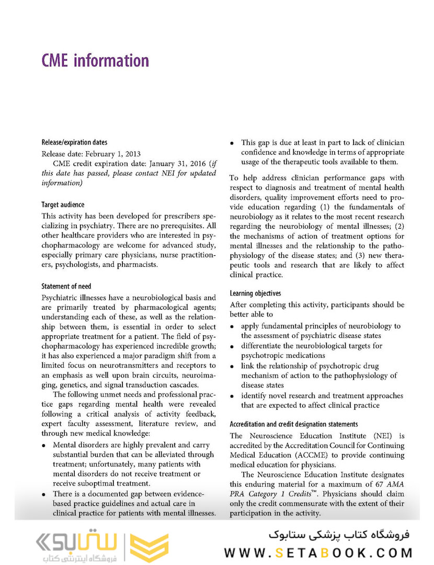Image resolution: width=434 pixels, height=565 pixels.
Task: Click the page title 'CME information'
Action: (x=95, y=61)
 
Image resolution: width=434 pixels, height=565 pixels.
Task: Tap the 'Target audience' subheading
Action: (x=63, y=205)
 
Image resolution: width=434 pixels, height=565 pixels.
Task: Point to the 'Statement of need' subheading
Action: (x=66, y=286)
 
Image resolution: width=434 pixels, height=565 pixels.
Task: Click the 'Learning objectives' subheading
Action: (x=255, y=293)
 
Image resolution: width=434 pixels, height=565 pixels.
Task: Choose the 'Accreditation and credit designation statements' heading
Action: (x=294, y=424)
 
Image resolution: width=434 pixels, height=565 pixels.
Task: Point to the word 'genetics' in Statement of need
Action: (x=68, y=385)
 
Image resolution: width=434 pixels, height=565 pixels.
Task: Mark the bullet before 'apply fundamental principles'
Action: (x=232, y=326)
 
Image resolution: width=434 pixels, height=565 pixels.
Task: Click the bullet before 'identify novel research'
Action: (x=232, y=396)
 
